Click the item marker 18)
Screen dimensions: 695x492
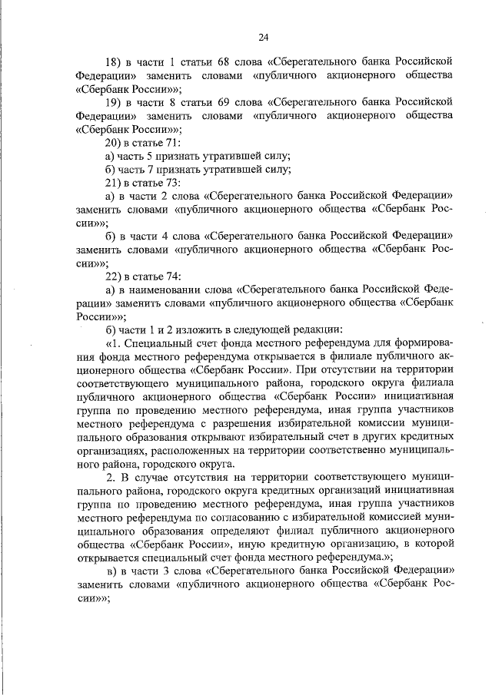click(114, 60)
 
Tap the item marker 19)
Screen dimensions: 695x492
click(114, 102)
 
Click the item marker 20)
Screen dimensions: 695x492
click(114, 144)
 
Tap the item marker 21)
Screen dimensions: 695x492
click(114, 183)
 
